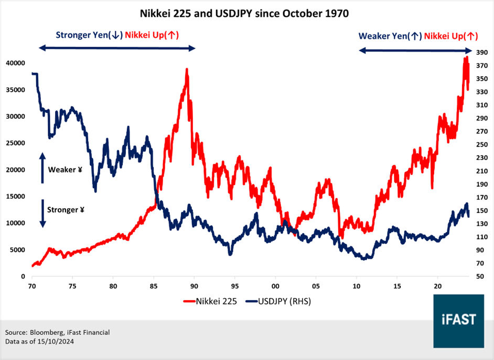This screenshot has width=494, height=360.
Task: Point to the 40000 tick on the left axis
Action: click(15, 63)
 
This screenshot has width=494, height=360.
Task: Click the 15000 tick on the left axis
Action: click(15, 196)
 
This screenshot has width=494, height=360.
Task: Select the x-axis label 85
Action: click(153, 286)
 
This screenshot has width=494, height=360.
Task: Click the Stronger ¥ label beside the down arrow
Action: click(66, 209)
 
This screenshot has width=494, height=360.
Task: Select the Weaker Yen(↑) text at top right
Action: click(390, 36)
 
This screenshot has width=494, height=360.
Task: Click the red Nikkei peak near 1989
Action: click(187, 70)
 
